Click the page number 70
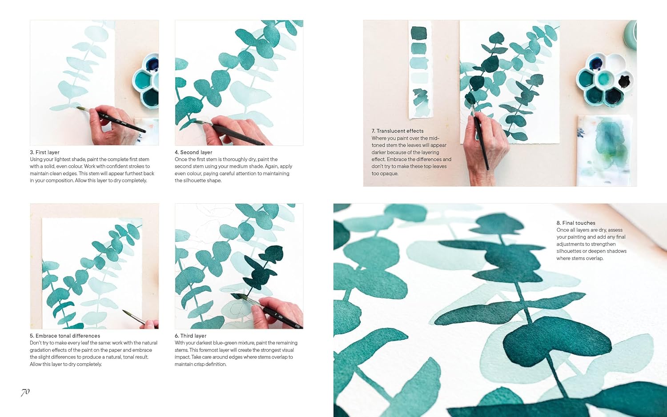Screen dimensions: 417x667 (25, 392)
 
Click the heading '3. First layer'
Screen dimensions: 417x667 (44, 152)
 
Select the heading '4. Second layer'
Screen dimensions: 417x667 (193, 152)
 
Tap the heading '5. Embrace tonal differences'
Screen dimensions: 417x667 (65, 336)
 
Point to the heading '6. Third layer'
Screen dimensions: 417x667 (190, 336)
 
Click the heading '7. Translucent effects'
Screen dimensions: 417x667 (398, 131)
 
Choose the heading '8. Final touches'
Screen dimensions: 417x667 (576, 223)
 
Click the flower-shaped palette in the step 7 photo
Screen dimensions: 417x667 (605, 80)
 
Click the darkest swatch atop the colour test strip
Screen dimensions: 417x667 (419, 33)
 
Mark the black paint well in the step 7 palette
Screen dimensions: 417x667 (624, 81)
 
